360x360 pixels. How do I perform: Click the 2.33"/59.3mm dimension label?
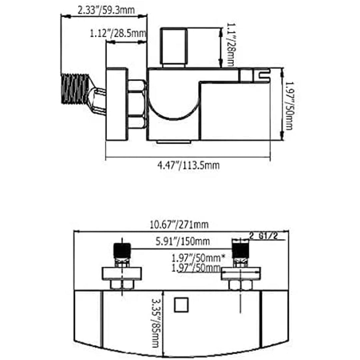tap(106, 10)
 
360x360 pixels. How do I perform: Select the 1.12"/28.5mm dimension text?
tap(118, 34)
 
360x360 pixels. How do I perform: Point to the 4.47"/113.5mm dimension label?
tap(188, 165)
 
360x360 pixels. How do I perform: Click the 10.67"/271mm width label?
tap(179, 225)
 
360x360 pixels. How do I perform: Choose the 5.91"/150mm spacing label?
tap(183, 241)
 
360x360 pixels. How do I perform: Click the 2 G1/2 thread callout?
tap(264, 236)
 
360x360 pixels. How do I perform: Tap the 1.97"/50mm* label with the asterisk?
tap(198, 258)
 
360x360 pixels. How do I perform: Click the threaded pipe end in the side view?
tap(75, 89)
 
